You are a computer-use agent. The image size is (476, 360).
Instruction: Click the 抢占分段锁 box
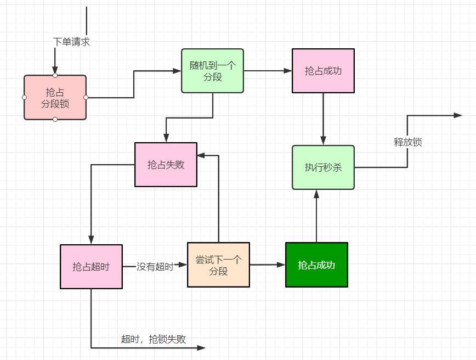[55, 97]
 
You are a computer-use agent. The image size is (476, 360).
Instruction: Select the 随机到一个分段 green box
[213, 71]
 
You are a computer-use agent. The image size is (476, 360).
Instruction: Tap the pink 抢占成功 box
[323, 71]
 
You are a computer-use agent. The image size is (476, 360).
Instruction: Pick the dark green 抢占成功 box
[316, 265]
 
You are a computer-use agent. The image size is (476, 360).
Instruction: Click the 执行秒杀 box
[323, 167]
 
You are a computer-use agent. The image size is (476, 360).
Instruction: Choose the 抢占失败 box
[166, 165]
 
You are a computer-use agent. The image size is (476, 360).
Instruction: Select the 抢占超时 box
[91, 267]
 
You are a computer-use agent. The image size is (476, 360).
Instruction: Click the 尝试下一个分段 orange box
[218, 265]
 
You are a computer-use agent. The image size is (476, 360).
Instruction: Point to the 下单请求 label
[71, 42]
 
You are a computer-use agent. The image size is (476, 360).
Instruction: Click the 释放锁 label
[408, 142]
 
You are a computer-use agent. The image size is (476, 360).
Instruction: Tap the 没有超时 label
[155, 267]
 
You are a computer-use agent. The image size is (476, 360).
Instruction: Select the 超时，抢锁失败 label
[154, 339]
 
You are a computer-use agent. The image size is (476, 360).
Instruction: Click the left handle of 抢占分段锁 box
[25, 97]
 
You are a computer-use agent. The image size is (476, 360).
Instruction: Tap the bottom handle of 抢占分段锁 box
[55, 119]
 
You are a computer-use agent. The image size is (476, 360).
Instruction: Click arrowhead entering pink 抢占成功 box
[288, 71]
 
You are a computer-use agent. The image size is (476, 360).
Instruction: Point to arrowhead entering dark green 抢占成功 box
[281, 265]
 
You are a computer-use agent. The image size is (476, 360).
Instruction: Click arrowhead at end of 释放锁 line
[458, 115]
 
